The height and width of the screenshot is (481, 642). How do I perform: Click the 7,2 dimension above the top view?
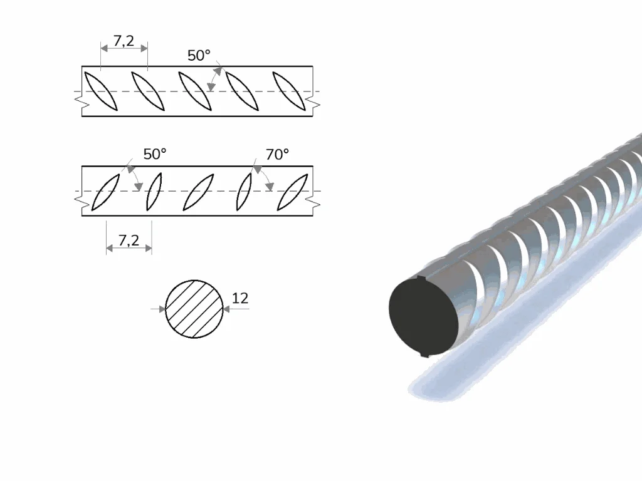[124, 41]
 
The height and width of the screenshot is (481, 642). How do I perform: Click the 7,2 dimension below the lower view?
[129, 240]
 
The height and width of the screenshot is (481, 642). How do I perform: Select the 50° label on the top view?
[199, 55]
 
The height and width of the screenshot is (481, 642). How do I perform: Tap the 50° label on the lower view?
[155, 154]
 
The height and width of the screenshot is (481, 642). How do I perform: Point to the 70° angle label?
[277, 154]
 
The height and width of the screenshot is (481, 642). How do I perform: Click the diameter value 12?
[240, 298]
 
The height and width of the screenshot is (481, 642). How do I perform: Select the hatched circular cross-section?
[194, 309]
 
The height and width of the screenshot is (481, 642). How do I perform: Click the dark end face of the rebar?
[423, 316]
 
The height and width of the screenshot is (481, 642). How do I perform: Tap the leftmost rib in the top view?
[101, 91]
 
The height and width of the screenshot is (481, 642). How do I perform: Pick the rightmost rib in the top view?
[289, 91]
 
